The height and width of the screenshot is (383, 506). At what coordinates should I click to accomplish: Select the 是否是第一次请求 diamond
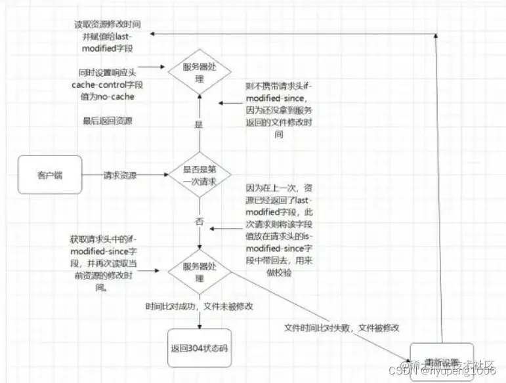199,175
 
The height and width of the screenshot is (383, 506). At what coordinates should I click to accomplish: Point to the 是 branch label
199,125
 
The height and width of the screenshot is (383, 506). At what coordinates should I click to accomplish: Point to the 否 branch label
199,222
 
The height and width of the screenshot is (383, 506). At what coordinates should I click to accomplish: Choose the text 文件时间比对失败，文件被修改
342,327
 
